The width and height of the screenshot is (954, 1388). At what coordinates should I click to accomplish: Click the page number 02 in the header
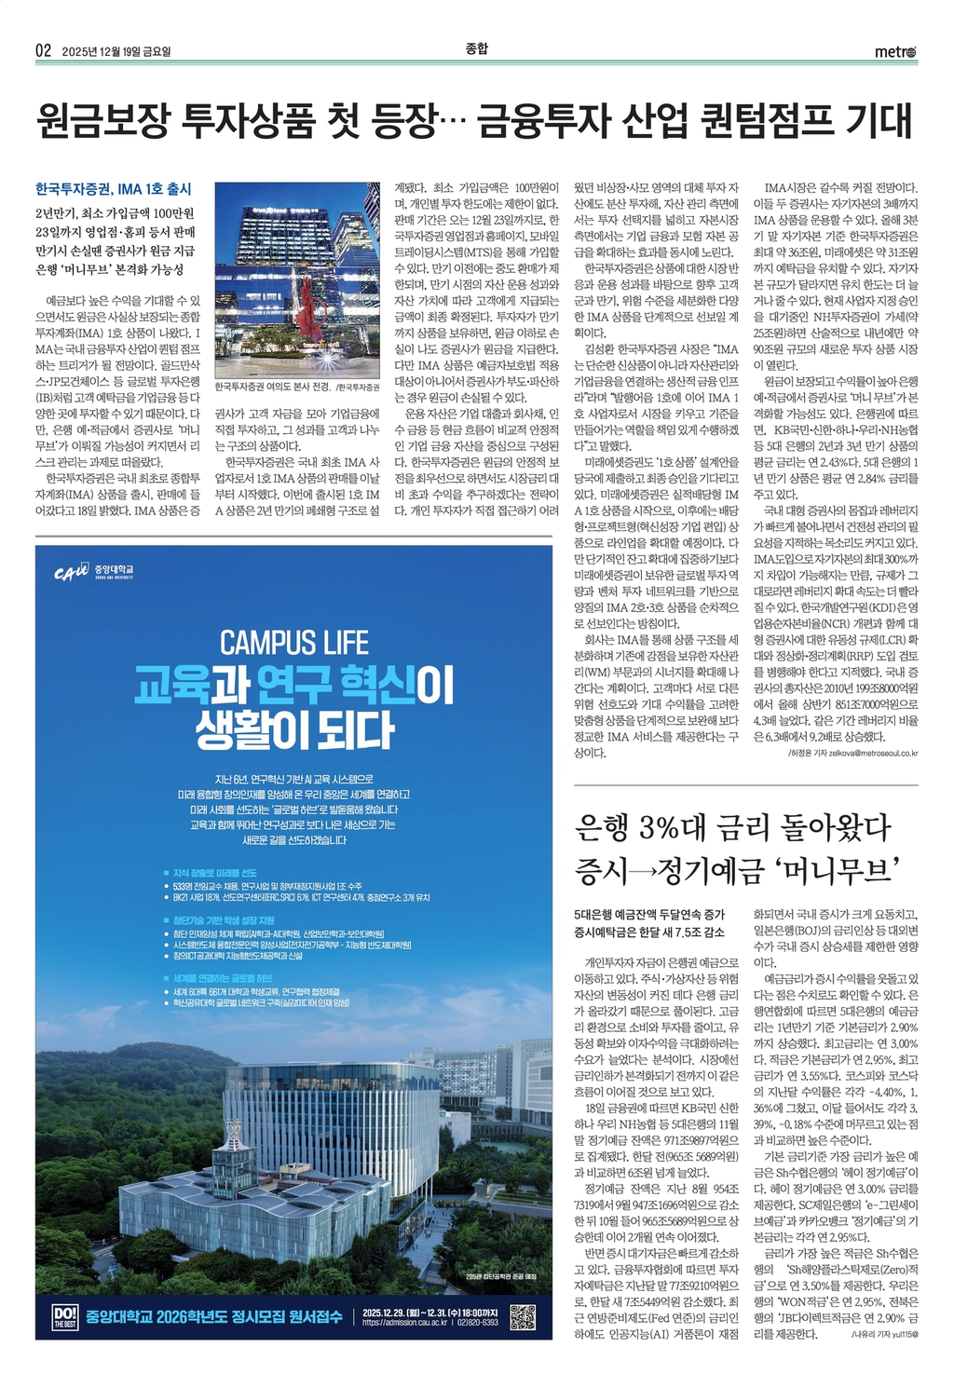pyautogui.click(x=43, y=50)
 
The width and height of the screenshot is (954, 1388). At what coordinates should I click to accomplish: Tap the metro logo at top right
pyautogui.click(x=895, y=51)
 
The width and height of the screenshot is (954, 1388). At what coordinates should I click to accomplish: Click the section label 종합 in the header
pyautogui.click(x=476, y=48)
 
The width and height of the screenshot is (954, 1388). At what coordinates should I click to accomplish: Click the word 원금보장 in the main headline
pyautogui.click(x=103, y=121)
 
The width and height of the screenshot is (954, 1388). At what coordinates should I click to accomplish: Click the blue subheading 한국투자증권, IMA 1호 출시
pyautogui.click(x=113, y=189)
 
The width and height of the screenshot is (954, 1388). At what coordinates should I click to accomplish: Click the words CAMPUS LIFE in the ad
pyautogui.click(x=293, y=642)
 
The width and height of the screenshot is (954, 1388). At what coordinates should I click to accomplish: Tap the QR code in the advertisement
pyautogui.click(x=523, y=1318)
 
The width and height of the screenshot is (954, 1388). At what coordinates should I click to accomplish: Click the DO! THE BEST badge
pyautogui.click(x=65, y=1317)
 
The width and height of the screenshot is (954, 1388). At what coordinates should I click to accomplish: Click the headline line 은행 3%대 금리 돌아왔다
pyautogui.click(x=733, y=826)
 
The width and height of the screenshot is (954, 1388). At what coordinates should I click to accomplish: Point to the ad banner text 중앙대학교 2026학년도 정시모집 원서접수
pyautogui.click(x=215, y=1317)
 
